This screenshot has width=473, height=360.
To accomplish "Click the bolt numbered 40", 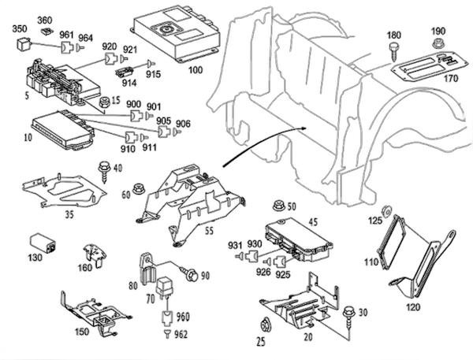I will [x=103, y=169].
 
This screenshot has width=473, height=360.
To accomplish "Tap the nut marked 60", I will [x=140, y=188].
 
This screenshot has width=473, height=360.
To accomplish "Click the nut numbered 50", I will [x=278, y=206].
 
